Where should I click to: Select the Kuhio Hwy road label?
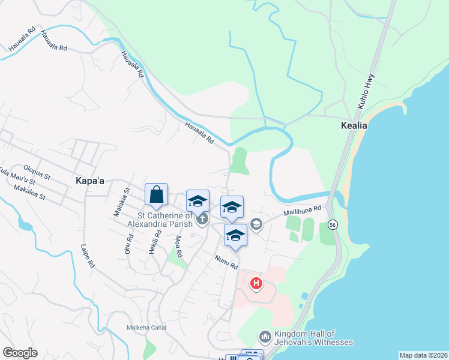tap(366, 91)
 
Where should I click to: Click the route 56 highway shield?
tap(332, 224)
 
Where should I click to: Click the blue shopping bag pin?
tap(156, 195)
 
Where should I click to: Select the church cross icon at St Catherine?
tap(201, 219)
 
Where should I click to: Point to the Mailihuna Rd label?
tap(303, 212)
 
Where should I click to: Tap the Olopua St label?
tap(37, 172)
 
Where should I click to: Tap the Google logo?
tap(20, 353)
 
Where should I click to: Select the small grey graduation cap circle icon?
tap(256, 224)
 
